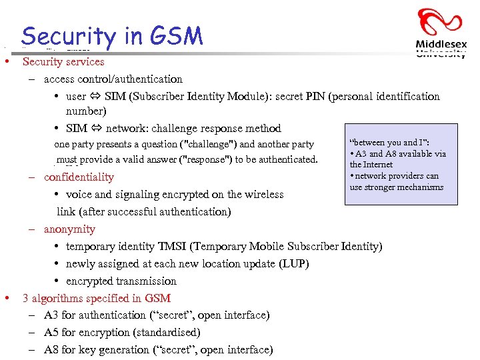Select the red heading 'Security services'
point(63,62)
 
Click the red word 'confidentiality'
point(79,177)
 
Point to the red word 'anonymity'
point(69,229)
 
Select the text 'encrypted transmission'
point(121,281)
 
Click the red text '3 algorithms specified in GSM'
point(97,299)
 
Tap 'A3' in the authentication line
point(51,315)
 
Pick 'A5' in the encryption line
point(51,333)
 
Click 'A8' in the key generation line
point(51,350)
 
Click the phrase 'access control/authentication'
point(113,79)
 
